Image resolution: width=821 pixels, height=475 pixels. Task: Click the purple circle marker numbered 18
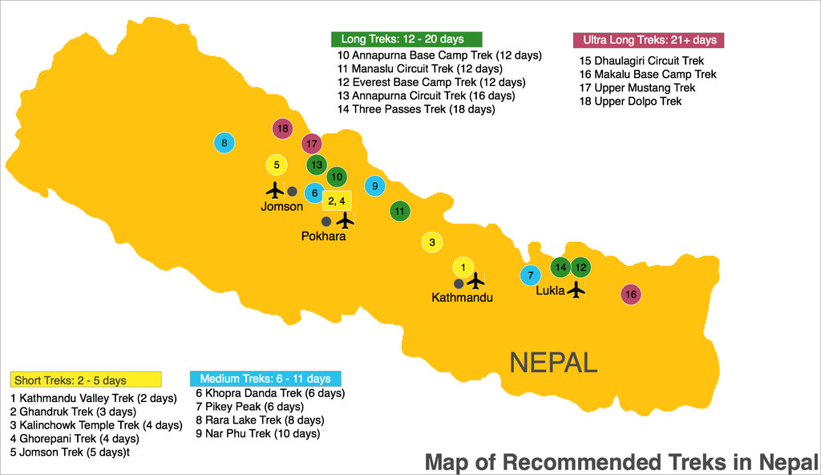coord(281,128)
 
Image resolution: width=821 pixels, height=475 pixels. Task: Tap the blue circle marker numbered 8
coord(224,144)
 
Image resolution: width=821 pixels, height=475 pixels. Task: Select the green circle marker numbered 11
coord(399,212)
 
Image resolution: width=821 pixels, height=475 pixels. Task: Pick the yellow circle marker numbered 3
coord(432,242)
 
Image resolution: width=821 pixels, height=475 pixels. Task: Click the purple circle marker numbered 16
coord(631,294)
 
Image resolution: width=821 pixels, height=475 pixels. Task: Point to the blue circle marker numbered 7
coord(530,276)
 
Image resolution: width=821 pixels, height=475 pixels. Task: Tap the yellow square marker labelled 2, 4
coord(337,200)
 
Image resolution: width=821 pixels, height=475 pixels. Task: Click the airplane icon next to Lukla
coord(576,290)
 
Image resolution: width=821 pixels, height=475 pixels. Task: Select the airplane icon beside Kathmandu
coord(475,281)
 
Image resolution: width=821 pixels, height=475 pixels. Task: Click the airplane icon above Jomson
coord(274,190)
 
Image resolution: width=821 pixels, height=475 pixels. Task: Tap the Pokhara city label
coord(324,236)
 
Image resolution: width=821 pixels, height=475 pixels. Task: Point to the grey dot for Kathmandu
coord(459,283)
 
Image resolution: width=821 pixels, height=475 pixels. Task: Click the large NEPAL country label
coord(554,363)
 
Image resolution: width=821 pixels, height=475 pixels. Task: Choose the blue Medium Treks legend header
coord(265,379)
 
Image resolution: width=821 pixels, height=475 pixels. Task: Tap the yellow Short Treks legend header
coord(87,380)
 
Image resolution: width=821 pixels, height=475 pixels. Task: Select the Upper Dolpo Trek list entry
coord(630,101)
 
